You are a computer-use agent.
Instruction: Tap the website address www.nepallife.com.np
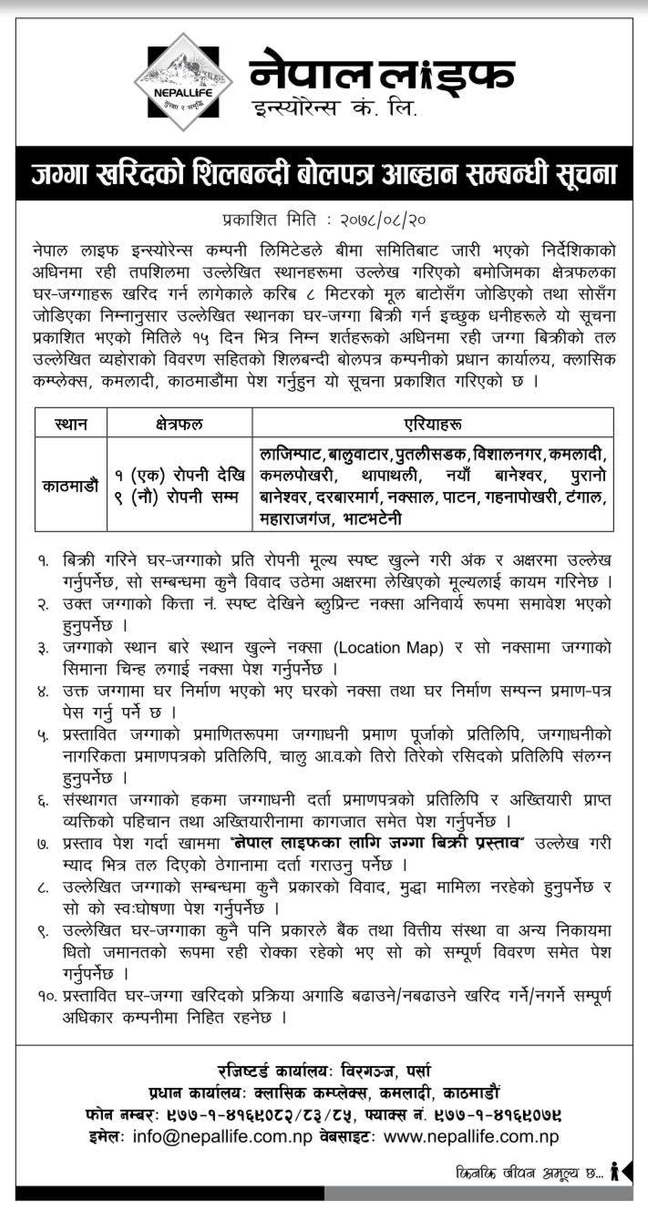[470, 1137]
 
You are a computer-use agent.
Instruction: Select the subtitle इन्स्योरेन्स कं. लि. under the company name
[335, 111]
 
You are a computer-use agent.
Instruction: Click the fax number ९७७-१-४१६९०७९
[505, 1114]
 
